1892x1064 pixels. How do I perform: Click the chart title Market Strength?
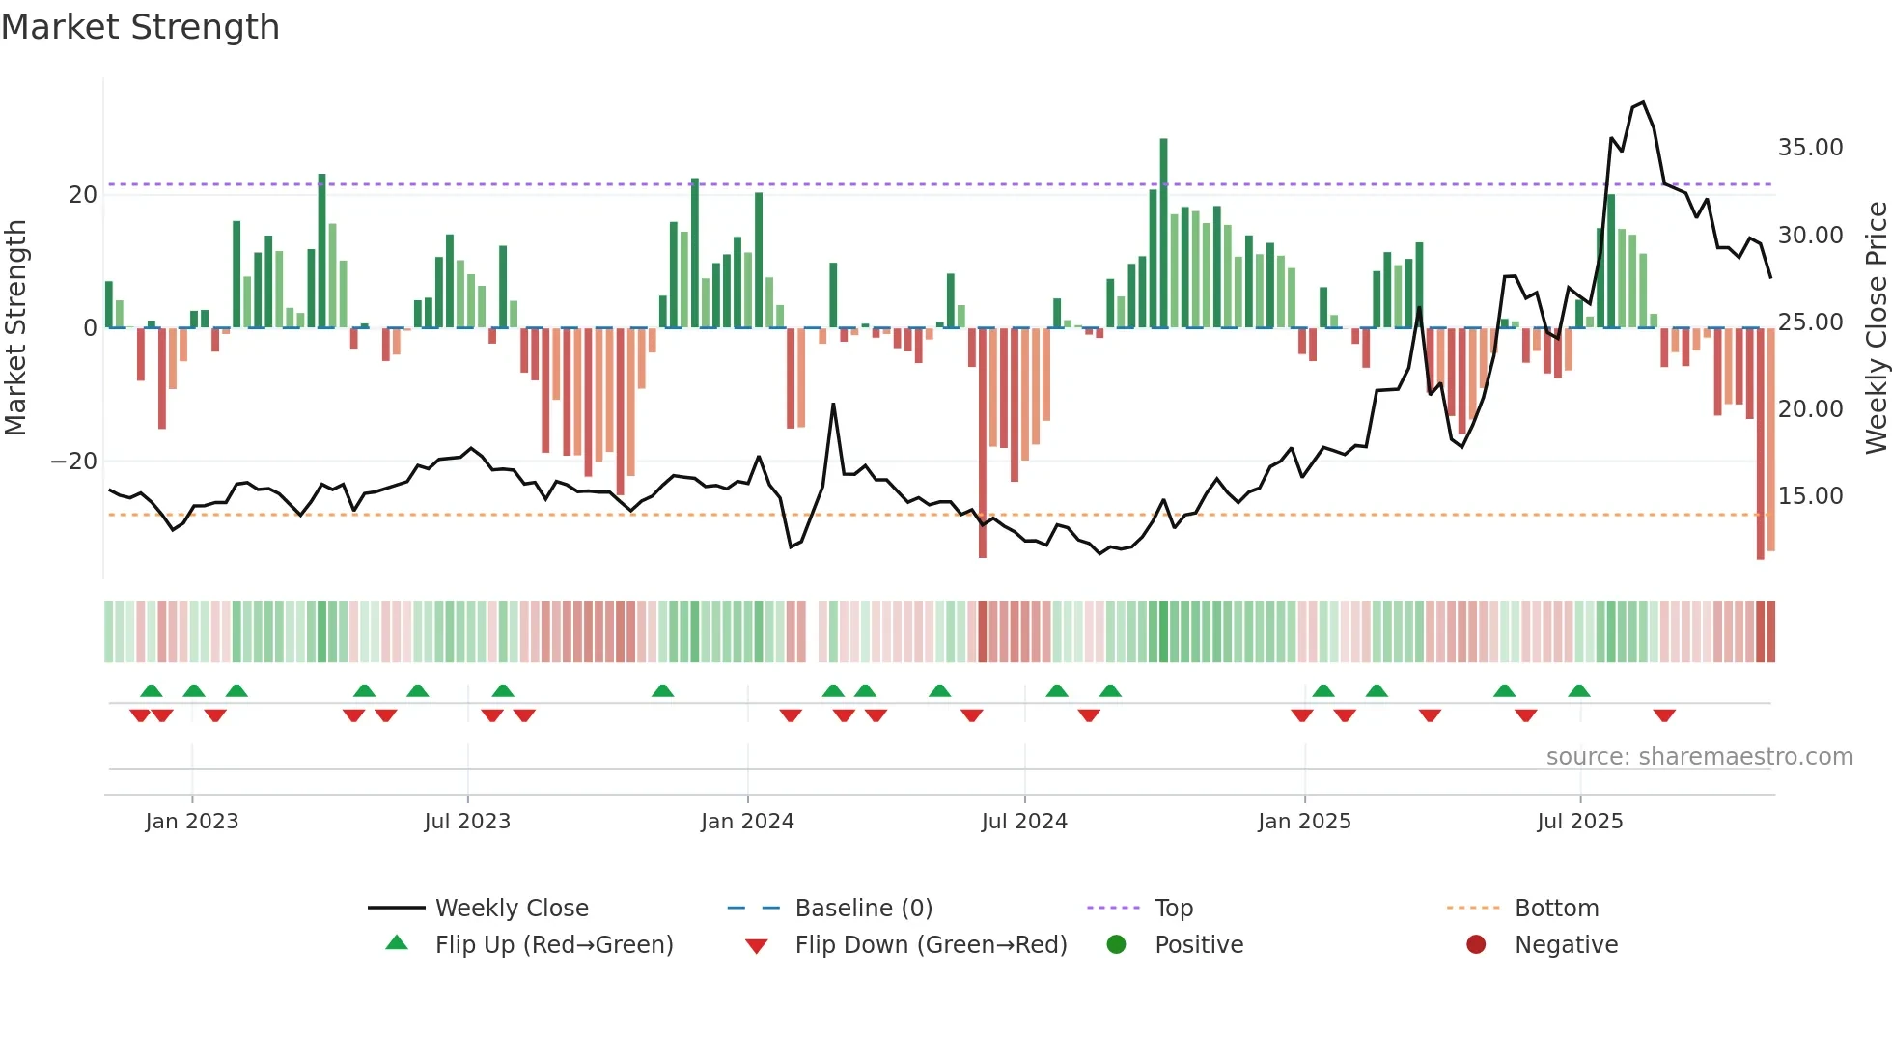[140, 27]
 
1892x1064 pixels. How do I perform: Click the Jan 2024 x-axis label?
[747, 822]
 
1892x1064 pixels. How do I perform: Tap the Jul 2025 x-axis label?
[1580, 822]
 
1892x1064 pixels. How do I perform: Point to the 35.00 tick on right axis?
[1810, 148]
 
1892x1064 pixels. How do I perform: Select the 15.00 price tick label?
[1810, 496]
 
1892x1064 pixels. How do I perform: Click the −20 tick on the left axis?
[74, 462]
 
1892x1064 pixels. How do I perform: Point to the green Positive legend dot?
[1117, 945]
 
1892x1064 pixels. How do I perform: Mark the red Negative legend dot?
[1476, 945]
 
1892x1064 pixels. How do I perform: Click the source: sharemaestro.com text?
[1699, 757]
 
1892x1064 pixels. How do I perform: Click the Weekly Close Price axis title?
[1876, 328]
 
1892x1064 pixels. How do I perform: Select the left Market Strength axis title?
[16, 328]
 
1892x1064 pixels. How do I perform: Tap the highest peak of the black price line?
[1643, 102]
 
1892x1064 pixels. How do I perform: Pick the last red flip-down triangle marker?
[1664, 716]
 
